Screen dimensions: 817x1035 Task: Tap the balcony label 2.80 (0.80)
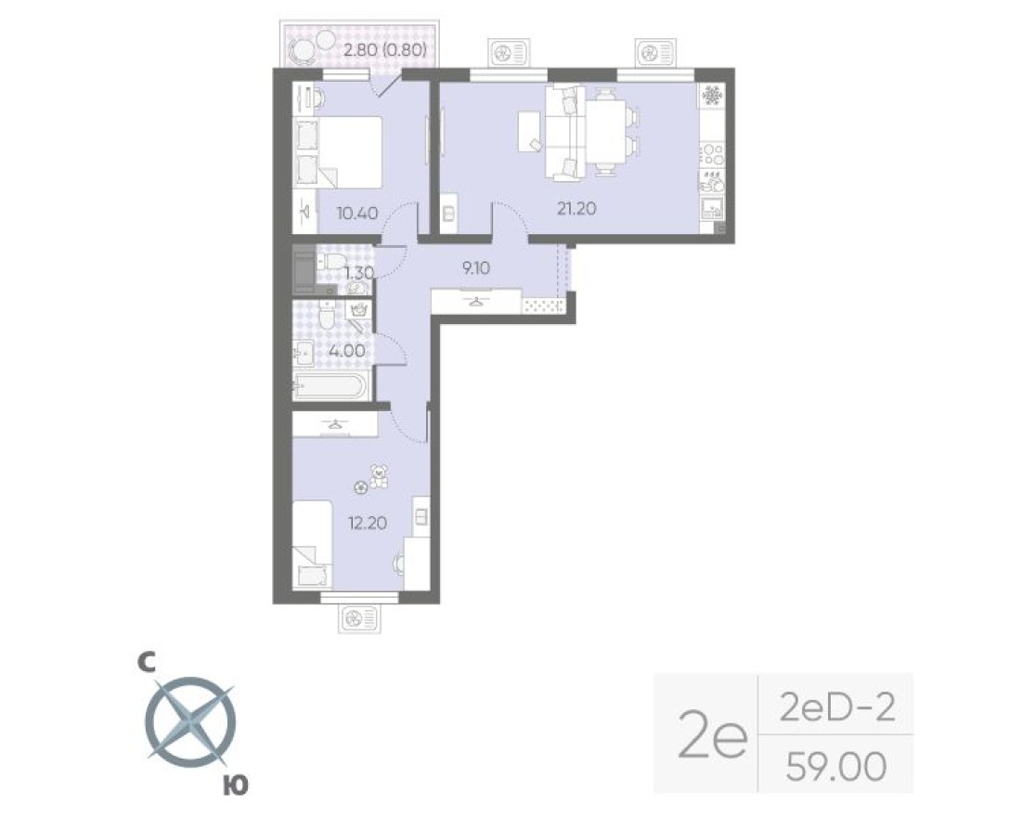(384, 51)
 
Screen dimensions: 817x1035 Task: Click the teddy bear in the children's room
(379, 477)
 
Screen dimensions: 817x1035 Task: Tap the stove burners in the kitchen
(712, 151)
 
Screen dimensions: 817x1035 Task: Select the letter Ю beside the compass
(236, 786)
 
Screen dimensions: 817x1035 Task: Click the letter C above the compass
(145, 662)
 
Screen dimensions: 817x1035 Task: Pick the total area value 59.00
(835, 766)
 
